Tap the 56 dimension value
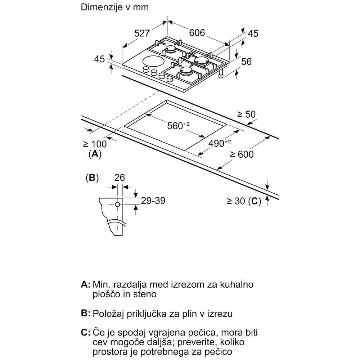point(246,62)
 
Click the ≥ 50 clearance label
point(246,115)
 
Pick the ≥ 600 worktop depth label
point(242,154)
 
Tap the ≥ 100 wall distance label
point(95,144)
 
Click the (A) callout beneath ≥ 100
point(95,154)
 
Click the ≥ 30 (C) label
point(244,202)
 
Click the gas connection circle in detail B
point(117,205)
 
